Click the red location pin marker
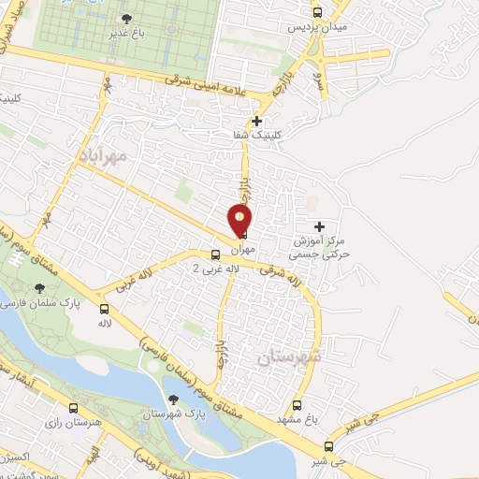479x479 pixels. pos(241,222)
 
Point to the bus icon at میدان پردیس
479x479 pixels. pos(317,13)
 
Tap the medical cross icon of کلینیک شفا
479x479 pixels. pos(257,121)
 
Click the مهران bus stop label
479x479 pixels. pos(241,250)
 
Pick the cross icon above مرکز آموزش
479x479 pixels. pos(320,226)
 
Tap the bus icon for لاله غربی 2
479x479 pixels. pos(215,254)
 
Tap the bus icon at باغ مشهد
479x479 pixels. pos(298,406)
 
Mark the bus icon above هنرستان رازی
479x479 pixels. pos(74,408)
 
